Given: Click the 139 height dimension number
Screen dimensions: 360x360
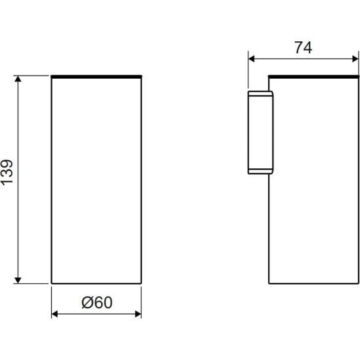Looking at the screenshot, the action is (7, 172).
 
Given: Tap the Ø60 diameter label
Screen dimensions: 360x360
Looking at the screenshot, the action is (97, 302).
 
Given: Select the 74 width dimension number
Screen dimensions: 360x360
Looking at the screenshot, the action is (304, 47).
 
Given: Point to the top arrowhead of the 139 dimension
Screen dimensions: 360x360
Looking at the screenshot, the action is (18, 79).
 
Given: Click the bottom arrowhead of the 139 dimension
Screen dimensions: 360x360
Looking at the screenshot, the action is (18, 281).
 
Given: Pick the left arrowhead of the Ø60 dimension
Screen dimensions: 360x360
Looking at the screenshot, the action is (55, 314).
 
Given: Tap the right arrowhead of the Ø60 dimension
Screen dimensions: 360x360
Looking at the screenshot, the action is (138, 314).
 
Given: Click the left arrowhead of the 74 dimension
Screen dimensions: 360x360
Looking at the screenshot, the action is (252, 58).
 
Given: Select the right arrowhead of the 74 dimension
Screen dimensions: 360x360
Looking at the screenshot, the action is (355, 58).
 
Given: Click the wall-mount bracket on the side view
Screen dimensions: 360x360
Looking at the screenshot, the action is (260, 133).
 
